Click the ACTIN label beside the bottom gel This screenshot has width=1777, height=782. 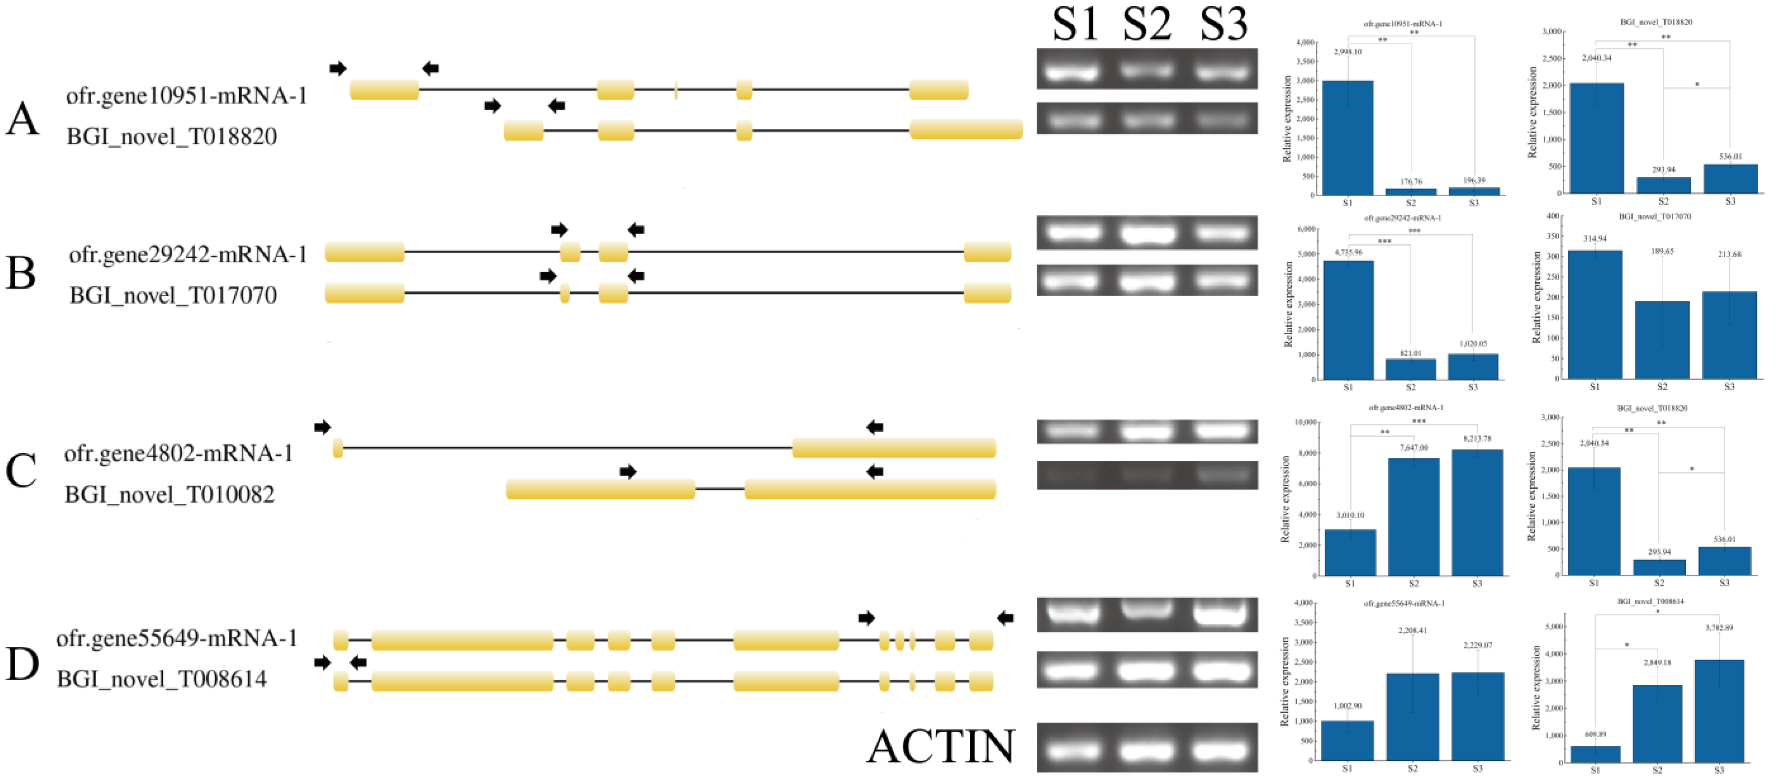point(940,747)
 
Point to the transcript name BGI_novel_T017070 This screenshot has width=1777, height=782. point(173,295)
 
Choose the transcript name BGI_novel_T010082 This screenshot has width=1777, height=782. point(170,495)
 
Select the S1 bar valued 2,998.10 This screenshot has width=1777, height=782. point(1347,138)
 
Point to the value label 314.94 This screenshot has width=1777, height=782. point(1595,238)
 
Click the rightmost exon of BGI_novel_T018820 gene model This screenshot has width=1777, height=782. point(966,129)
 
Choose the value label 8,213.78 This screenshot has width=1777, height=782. point(1477,438)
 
